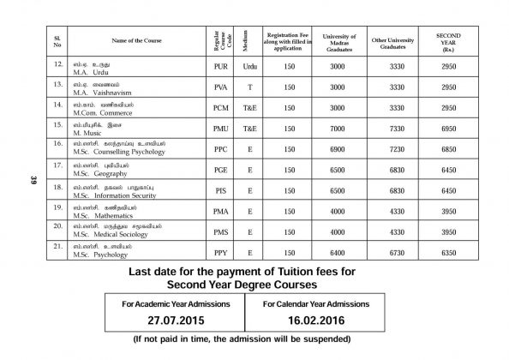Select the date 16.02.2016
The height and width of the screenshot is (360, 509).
point(316,321)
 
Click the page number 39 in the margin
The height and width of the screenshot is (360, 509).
point(29,180)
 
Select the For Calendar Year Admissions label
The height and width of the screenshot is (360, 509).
point(316,303)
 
